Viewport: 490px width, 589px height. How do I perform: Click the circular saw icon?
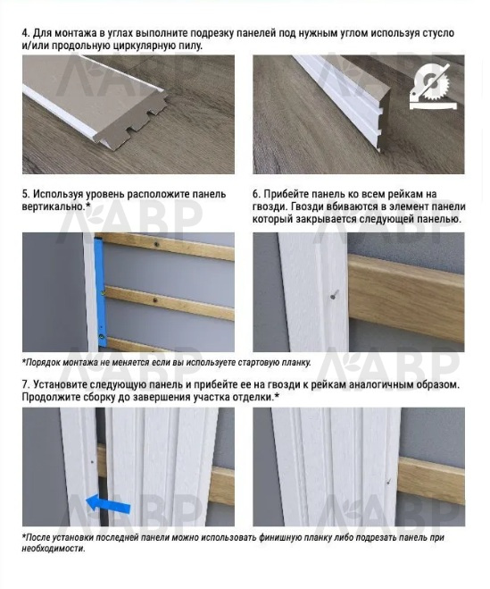click(434, 87)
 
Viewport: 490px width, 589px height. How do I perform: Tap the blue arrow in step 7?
click(108, 504)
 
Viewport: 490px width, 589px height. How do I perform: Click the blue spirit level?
click(101, 291)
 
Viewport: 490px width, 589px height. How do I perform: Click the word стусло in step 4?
click(438, 33)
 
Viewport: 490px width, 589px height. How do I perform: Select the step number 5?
click(26, 194)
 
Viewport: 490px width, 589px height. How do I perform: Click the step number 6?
click(256, 194)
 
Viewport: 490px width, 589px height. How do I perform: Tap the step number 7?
click(26, 384)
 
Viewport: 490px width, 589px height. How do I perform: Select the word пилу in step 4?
click(191, 46)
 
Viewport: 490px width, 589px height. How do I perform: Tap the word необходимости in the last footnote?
click(54, 549)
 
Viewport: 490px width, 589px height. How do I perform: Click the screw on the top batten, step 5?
click(157, 244)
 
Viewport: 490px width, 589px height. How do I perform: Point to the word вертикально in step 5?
click(52, 206)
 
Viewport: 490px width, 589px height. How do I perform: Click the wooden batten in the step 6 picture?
click(406, 299)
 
